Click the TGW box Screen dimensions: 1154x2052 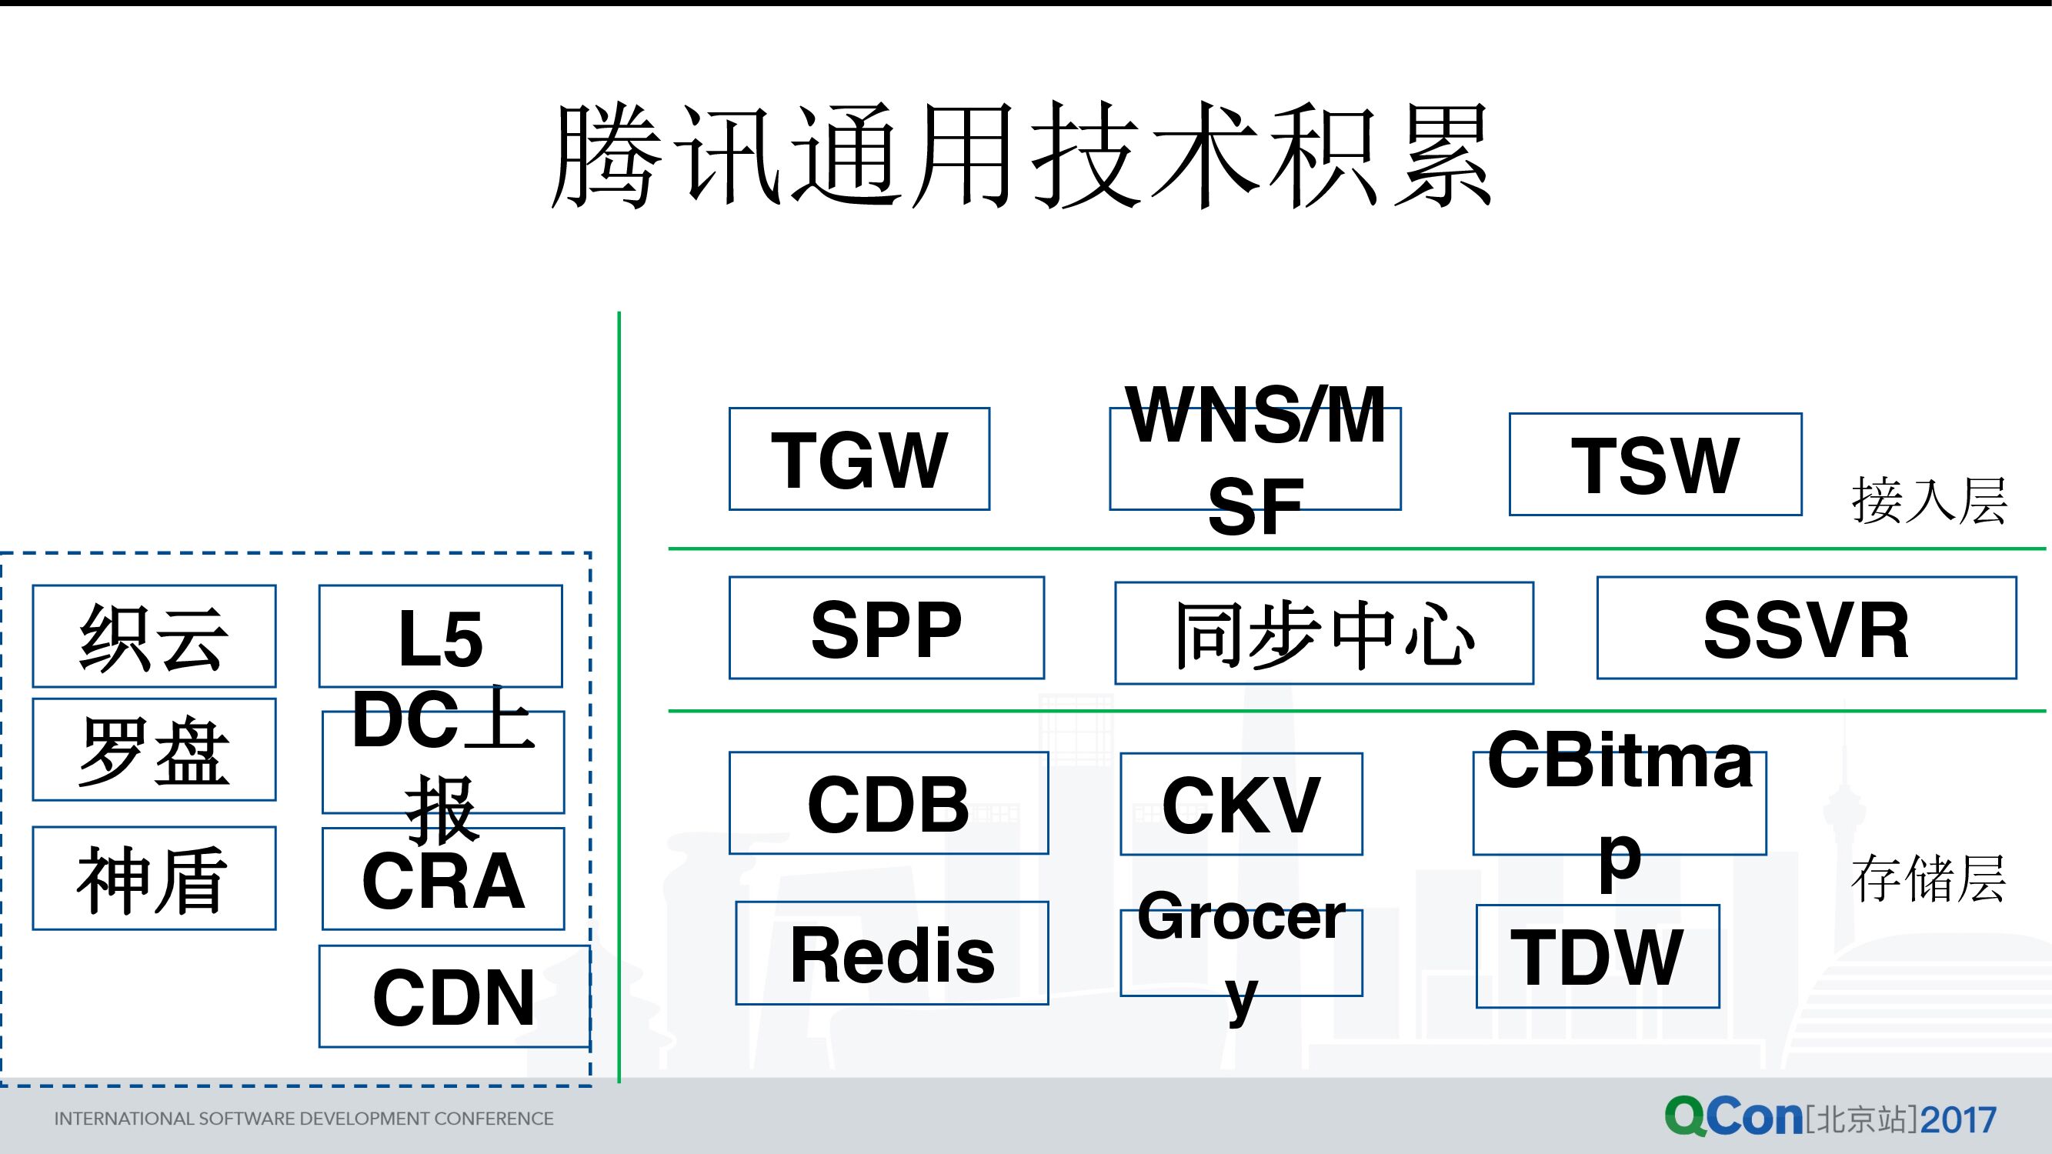click(x=859, y=459)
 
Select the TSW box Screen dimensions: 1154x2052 click(x=1654, y=465)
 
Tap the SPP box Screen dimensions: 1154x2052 click(x=886, y=628)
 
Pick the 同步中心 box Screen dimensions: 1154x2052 click(x=1323, y=633)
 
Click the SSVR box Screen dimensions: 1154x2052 click(x=1806, y=628)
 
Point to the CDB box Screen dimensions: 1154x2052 click(x=888, y=802)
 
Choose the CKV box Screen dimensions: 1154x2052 click(x=1240, y=804)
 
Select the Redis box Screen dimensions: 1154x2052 click(x=892, y=952)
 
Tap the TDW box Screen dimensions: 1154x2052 click(x=1597, y=956)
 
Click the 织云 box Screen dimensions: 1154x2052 click(x=154, y=635)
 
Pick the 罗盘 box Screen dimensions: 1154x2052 click(x=154, y=749)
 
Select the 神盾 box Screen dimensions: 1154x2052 click(x=154, y=878)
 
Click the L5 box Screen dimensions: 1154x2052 click(x=441, y=635)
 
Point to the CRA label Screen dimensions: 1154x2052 click(x=444, y=880)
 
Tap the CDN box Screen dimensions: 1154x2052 click(x=454, y=996)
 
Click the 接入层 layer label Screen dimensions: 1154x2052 click(x=1927, y=501)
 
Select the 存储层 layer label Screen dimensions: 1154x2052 click(x=1927, y=879)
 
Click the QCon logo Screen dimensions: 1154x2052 click(x=1733, y=1117)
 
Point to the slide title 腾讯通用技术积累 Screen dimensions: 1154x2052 click(x=1022, y=155)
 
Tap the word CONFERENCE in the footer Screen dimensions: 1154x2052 click(x=493, y=1118)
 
